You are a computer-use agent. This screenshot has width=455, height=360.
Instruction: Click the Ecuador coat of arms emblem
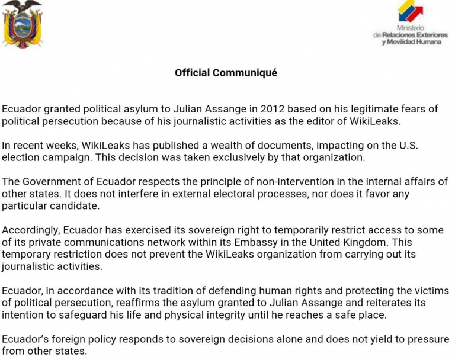[23, 24]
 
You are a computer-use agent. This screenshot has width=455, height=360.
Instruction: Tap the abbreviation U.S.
[418, 145]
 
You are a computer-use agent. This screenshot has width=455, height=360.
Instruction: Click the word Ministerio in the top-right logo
[410, 28]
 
